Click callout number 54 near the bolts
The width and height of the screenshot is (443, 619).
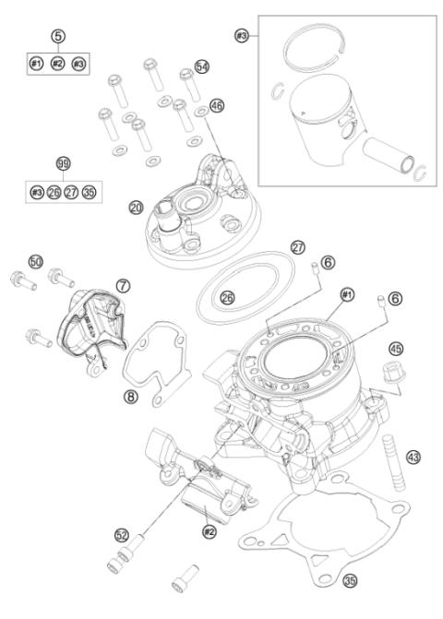pos(201,67)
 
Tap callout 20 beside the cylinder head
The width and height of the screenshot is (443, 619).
pos(137,208)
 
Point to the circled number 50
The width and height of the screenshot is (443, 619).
pos(37,263)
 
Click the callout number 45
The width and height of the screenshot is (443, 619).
pos(396,349)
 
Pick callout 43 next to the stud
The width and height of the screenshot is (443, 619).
pos(414,457)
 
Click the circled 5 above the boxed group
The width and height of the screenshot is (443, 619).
pos(59,37)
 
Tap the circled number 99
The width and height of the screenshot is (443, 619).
pos(63,163)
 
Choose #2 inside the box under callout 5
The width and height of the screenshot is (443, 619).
pos(59,65)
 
